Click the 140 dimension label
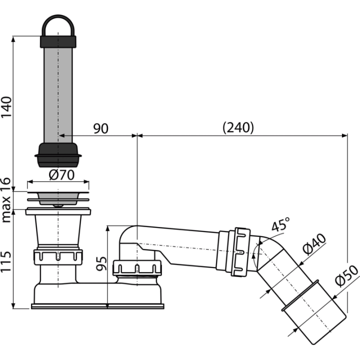click(6, 107)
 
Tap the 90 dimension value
click(100, 128)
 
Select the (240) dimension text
click(238, 127)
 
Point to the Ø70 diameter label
click(61, 175)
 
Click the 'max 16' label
click(6, 200)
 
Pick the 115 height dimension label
click(6, 261)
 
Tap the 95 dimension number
click(101, 263)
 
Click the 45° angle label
click(280, 224)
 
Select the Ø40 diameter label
click(314, 244)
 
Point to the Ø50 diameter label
click(346, 275)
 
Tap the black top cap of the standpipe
click(58, 42)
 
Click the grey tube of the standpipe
click(58, 95)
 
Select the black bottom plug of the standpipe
click(58, 155)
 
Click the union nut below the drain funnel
click(58, 257)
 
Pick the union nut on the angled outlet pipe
click(241, 252)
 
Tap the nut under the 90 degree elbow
click(137, 267)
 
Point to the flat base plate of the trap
click(97, 306)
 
